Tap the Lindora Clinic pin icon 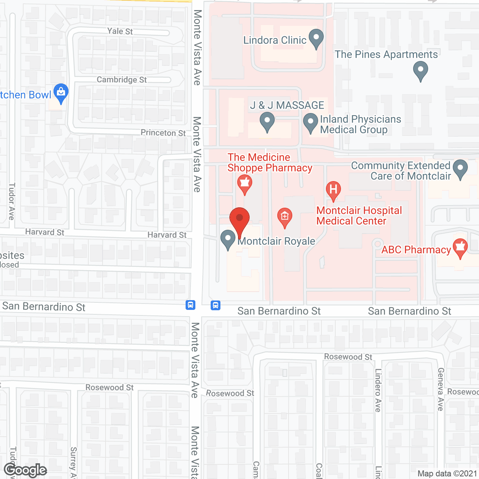(317, 39)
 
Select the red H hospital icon (333, 190)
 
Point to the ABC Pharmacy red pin (460, 248)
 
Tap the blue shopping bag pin (61, 93)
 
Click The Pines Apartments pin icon (421, 71)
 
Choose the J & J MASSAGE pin (267, 122)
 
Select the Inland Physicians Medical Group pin (310, 123)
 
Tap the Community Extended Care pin (460, 169)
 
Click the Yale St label (120, 31)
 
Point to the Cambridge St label (122, 80)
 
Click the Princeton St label (163, 133)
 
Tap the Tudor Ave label (12, 201)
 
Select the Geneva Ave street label (441, 389)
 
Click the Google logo (25, 470)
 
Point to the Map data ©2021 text (447, 474)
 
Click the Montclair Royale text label (277, 241)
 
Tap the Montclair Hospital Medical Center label (359, 216)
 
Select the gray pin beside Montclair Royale (228, 239)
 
